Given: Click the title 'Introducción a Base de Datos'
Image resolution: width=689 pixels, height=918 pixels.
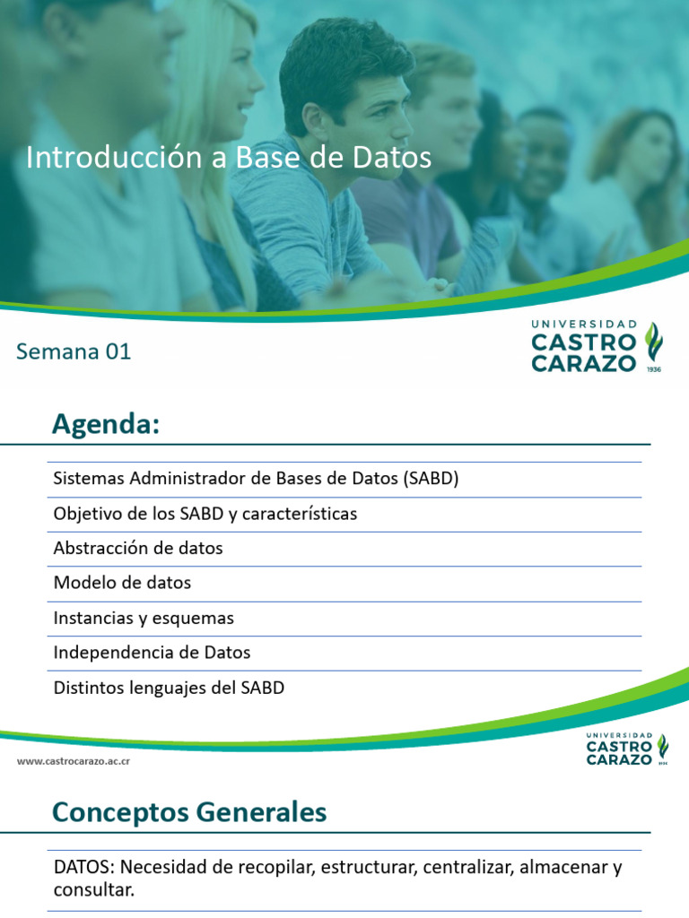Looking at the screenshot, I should tap(229, 158).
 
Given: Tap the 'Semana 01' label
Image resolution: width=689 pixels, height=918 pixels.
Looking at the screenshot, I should tap(74, 351).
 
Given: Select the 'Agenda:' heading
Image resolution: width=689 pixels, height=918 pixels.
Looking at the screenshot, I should tap(105, 424).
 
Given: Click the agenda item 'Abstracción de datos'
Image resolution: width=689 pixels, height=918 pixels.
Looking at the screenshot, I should tap(138, 548).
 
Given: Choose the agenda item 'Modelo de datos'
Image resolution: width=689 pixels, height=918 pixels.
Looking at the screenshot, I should tap(122, 583).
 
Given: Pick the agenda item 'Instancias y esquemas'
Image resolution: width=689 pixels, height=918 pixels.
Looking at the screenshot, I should tap(144, 618).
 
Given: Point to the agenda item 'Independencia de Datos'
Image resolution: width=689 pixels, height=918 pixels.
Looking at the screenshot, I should tap(152, 653).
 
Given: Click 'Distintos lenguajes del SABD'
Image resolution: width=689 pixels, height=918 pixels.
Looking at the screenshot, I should tap(169, 688).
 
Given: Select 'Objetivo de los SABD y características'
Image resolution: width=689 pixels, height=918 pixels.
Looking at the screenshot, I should tap(205, 514).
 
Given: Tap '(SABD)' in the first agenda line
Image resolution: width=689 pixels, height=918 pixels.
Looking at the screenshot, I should tap(431, 479).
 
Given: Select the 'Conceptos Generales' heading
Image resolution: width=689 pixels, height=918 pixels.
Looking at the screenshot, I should tap(189, 812).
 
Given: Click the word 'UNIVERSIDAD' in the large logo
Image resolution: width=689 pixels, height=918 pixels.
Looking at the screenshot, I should tap(584, 324).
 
